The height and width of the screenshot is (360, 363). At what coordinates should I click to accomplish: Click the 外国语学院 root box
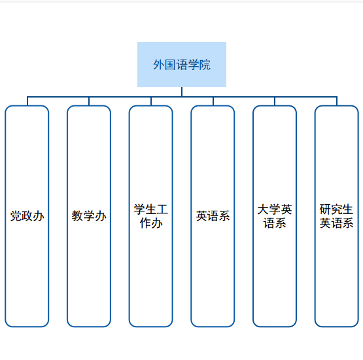click(182, 64)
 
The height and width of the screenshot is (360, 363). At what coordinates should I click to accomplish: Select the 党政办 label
click(27, 216)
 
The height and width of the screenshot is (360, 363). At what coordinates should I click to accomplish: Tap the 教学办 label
click(89, 216)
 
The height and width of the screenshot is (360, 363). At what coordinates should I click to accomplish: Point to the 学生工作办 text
click(151, 216)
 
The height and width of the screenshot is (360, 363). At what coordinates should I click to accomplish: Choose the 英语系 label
click(213, 216)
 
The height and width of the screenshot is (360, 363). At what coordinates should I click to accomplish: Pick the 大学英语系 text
click(275, 216)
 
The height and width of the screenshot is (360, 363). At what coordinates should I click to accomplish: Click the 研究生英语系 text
click(336, 216)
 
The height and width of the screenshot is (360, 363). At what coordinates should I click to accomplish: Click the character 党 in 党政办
click(16, 216)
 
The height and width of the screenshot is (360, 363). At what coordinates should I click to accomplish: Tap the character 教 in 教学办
click(78, 216)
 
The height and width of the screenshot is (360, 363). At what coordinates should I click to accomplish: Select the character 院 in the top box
click(205, 65)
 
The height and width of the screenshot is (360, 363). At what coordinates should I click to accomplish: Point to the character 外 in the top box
click(159, 65)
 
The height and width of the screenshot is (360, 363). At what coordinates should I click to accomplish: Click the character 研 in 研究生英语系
click(325, 209)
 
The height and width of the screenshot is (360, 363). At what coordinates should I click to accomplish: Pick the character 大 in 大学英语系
click(263, 209)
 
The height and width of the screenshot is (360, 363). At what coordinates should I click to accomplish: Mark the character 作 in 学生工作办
click(145, 223)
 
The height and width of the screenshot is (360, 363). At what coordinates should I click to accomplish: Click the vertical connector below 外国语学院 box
click(182, 92)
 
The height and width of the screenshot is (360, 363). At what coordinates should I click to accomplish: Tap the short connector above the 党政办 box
click(27, 101)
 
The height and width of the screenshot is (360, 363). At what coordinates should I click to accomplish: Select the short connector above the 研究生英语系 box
click(337, 101)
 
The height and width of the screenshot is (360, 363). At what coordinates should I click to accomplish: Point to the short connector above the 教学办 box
click(89, 101)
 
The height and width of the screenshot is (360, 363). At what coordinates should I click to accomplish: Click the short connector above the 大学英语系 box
click(275, 101)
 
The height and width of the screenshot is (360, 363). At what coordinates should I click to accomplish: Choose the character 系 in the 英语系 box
click(224, 216)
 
